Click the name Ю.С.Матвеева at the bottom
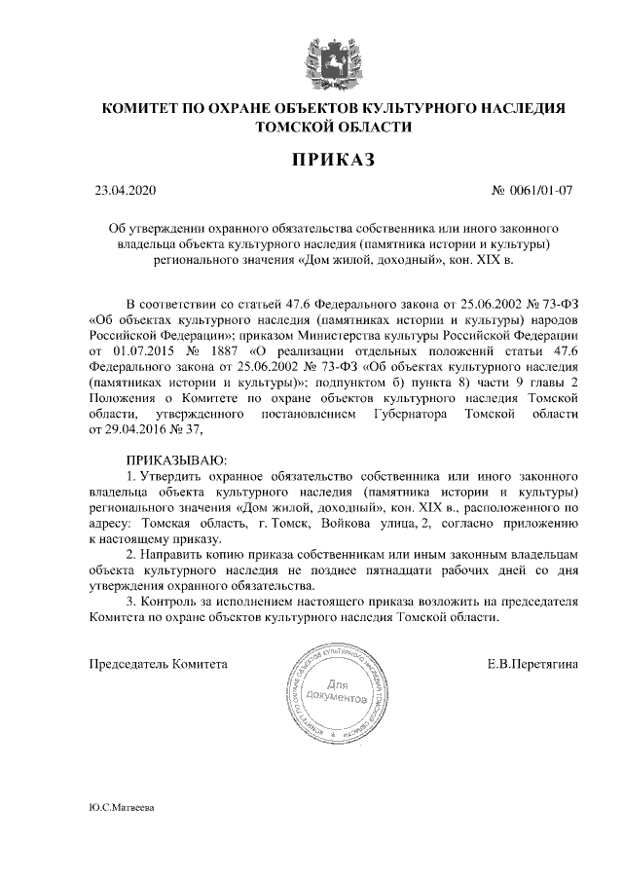[121, 808]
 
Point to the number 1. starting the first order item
[132, 476]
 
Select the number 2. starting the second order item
[132, 554]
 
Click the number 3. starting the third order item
[132, 601]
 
